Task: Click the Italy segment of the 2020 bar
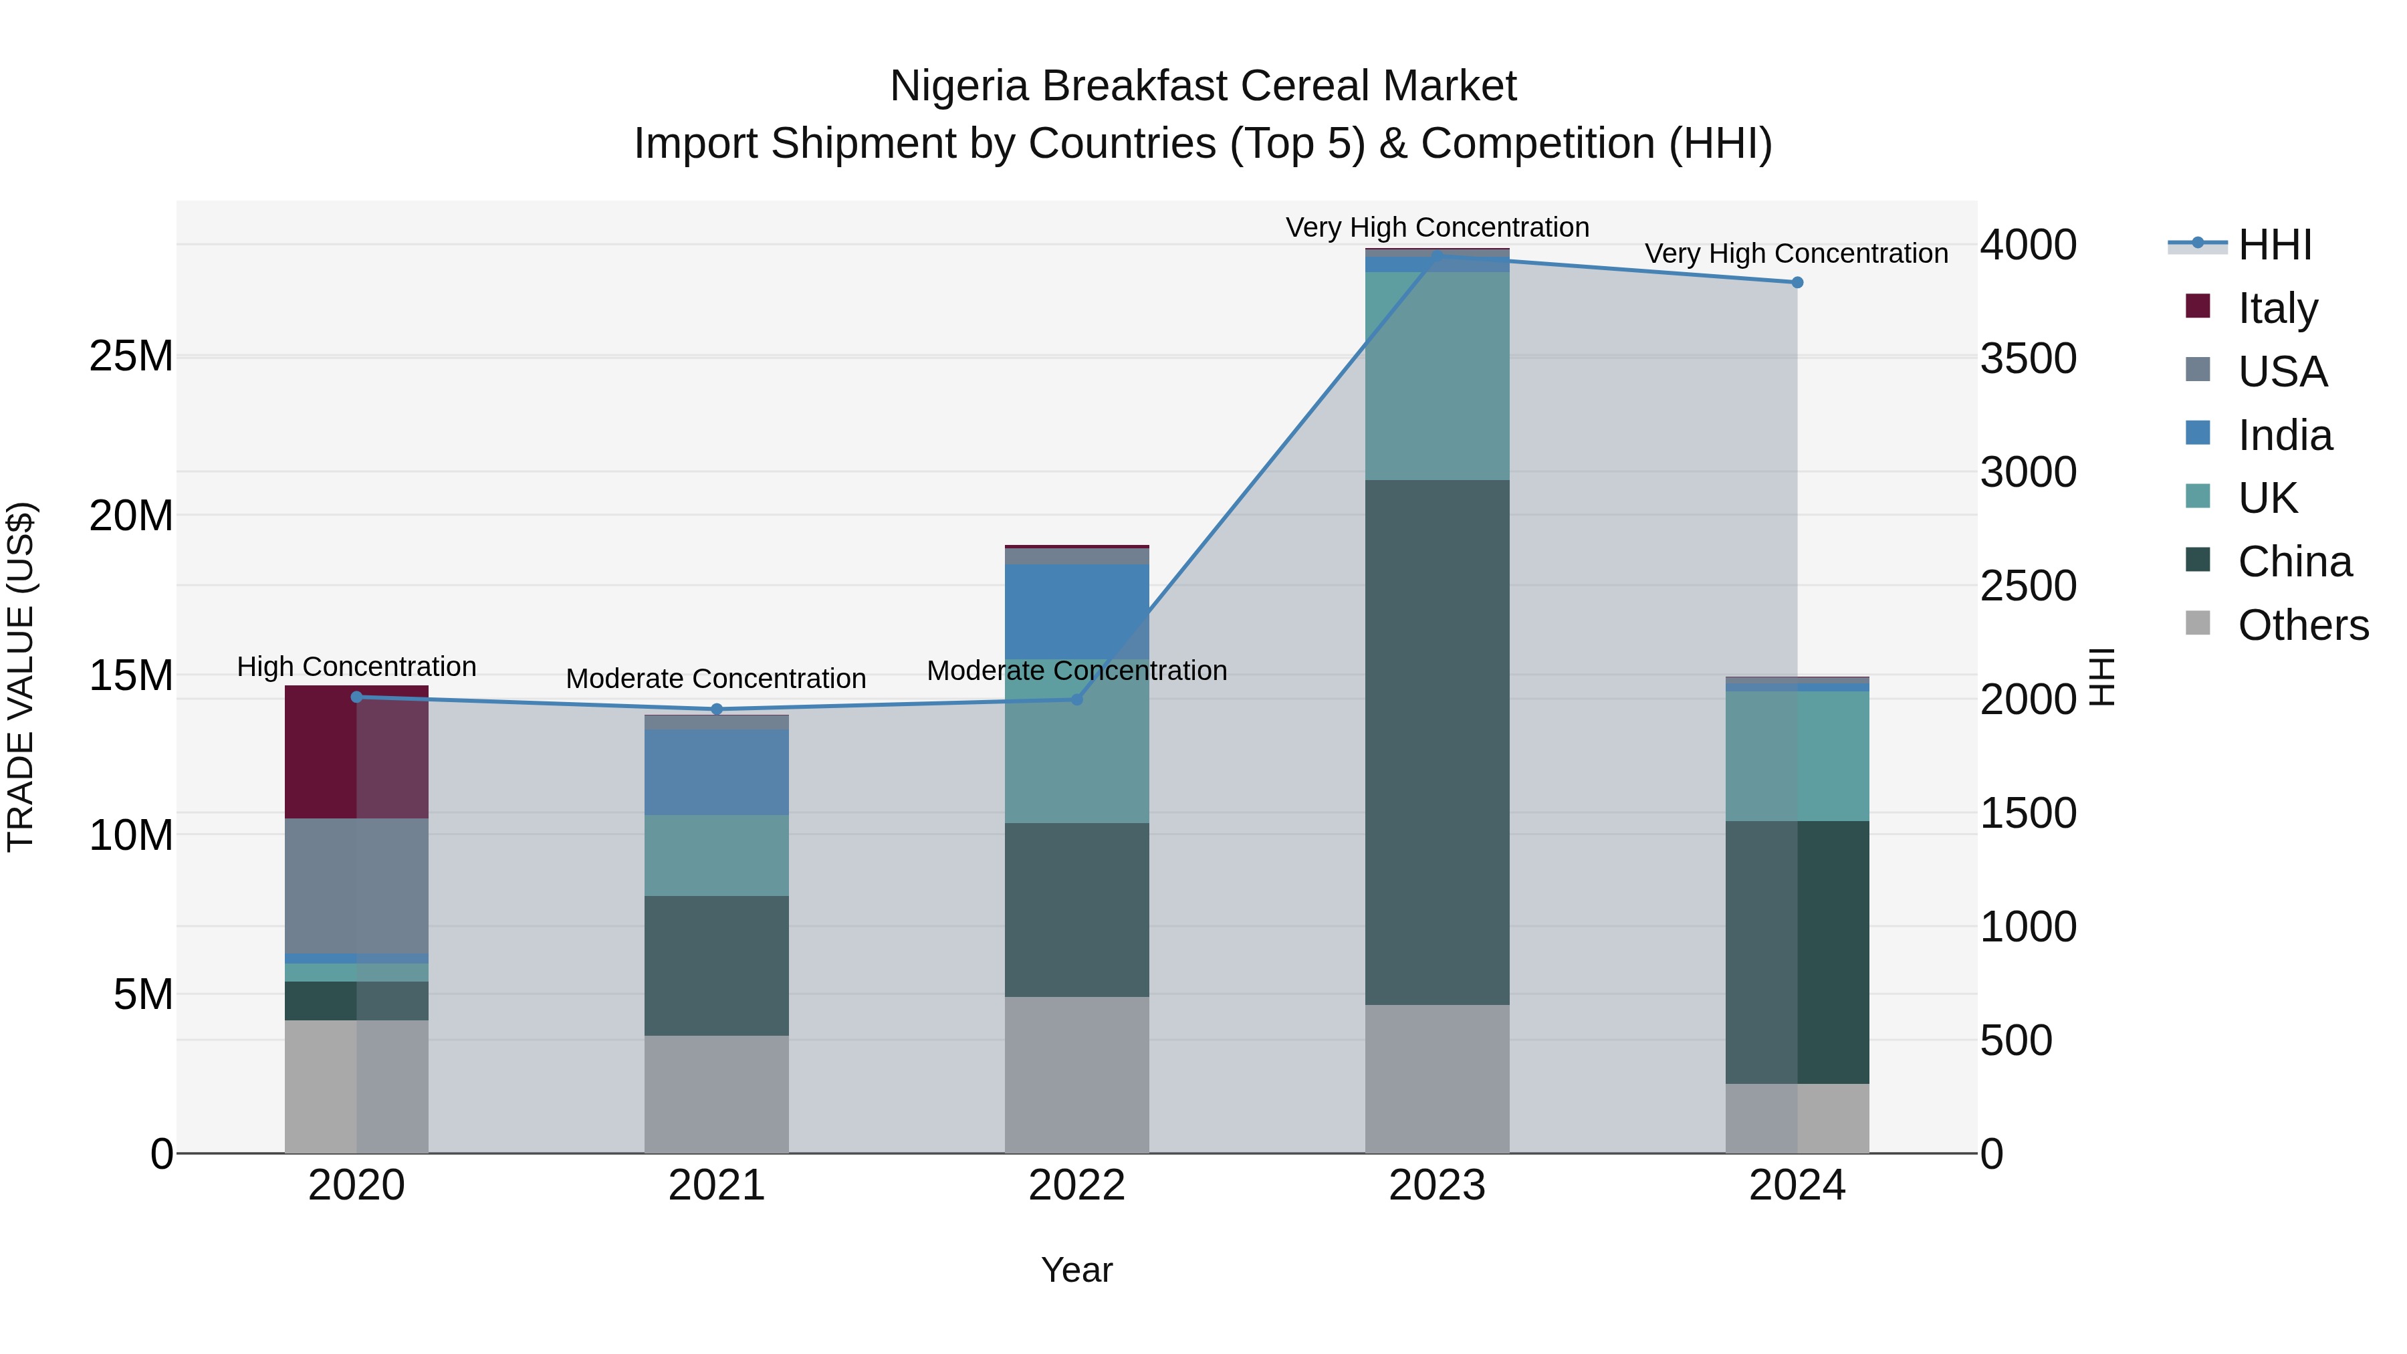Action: coord(356,752)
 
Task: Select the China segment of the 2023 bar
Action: coord(1436,742)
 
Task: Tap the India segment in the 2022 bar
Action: coord(1076,611)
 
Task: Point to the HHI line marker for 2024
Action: coord(1796,282)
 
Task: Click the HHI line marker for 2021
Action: coord(717,709)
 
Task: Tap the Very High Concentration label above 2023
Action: coord(1436,227)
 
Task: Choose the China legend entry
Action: coord(2293,562)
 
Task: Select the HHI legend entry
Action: coord(2273,245)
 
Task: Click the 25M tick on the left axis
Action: coord(131,356)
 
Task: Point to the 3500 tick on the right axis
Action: coord(2028,359)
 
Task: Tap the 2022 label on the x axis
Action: coord(1076,1186)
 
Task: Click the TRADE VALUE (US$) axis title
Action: coord(21,677)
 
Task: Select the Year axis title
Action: coord(1076,1270)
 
